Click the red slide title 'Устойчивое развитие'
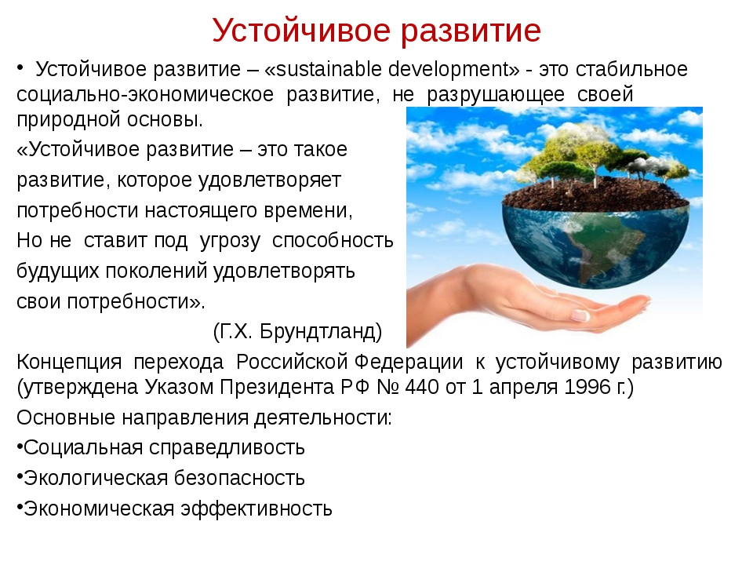(376, 31)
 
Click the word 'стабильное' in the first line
(631, 69)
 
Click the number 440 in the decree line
(422, 387)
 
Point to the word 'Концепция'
(69, 363)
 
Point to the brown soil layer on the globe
(595, 195)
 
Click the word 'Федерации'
(409, 363)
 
